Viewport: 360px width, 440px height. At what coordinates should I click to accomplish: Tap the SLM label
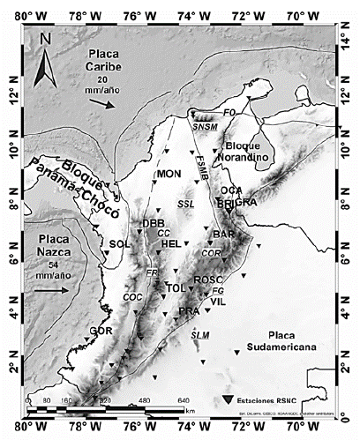[x=200, y=334]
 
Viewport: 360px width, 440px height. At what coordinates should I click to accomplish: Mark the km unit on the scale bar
[x=190, y=409]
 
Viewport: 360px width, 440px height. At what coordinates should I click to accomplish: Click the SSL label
[x=185, y=204]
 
